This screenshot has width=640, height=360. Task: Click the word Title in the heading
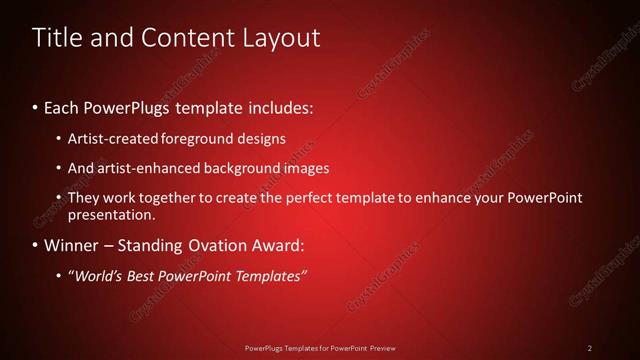coord(57,38)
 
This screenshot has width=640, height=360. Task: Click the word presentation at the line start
coord(111,214)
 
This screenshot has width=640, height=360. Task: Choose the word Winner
coord(71,245)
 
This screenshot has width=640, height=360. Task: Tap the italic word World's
coord(96,276)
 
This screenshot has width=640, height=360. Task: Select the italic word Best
coord(145,276)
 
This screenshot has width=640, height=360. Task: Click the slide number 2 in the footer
coord(590,348)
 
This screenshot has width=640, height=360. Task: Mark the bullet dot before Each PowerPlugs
coord(36,106)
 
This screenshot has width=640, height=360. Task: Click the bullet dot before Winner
coord(36,246)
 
